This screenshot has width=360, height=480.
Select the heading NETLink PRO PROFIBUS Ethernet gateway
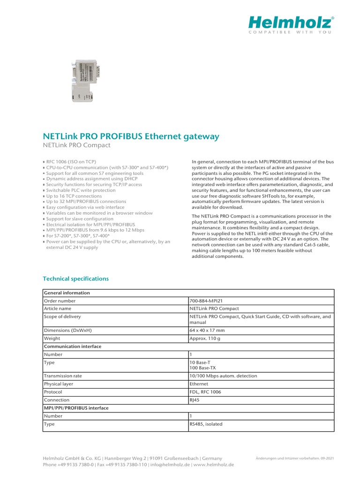pos(131,136)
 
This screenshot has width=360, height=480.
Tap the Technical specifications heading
pos(75,278)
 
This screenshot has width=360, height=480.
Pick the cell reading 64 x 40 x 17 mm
pos(206,330)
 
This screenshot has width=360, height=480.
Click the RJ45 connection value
pos(195,400)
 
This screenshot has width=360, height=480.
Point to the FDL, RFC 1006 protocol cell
pos(205,392)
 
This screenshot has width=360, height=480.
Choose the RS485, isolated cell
pos(206,424)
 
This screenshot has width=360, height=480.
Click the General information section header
pos(67,293)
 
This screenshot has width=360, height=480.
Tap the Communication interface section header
pos(72,346)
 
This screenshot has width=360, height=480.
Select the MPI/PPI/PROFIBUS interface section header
pos(76,408)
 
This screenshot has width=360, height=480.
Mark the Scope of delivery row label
pos(62,316)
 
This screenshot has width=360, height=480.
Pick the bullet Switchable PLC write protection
pos(80,190)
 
